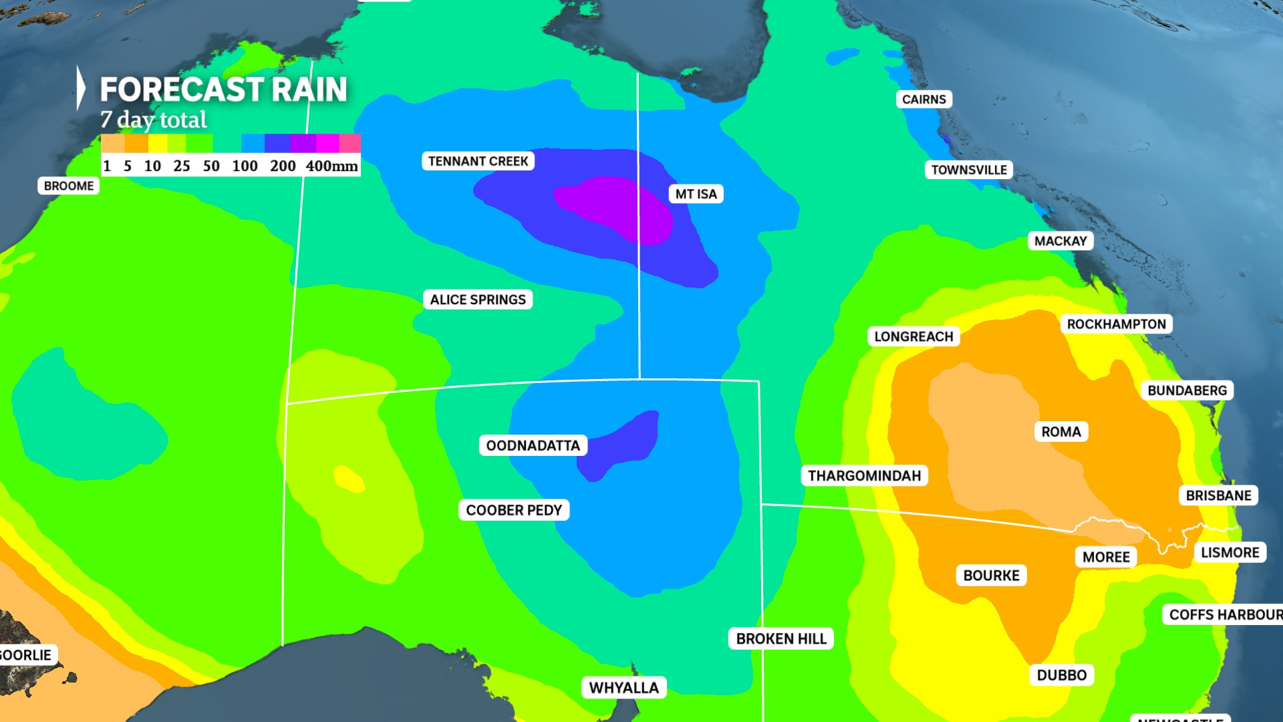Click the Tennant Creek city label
(x=478, y=161)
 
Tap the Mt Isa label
(x=696, y=194)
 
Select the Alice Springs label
(x=478, y=299)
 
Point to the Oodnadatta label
(x=533, y=445)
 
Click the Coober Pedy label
(x=514, y=510)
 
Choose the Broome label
(x=69, y=186)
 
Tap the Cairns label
(x=923, y=100)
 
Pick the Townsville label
(x=969, y=170)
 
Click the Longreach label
(x=913, y=336)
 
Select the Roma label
(x=1061, y=432)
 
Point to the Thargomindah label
(x=864, y=475)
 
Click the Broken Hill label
(x=781, y=638)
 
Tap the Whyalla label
(x=623, y=687)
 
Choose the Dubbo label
(x=1061, y=675)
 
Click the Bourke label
(x=991, y=576)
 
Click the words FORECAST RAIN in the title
(x=223, y=89)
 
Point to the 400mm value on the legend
(x=331, y=166)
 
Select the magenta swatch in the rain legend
(x=327, y=143)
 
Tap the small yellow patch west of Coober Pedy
(x=349, y=479)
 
